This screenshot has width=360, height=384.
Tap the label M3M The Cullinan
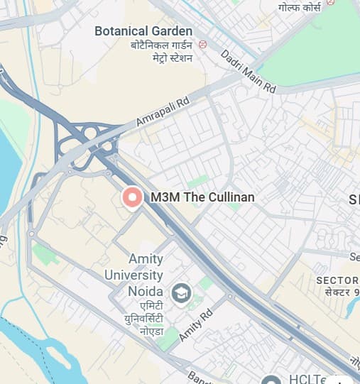(x=202, y=197)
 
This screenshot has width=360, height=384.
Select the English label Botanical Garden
(x=143, y=31)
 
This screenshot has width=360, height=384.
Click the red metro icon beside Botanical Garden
(x=203, y=44)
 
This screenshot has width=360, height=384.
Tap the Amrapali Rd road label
(x=164, y=113)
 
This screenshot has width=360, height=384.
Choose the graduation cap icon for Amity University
(x=181, y=292)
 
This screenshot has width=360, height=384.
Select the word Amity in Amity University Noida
(x=146, y=259)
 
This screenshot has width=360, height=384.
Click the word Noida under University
(x=145, y=291)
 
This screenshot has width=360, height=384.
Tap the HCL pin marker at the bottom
(x=271, y=380)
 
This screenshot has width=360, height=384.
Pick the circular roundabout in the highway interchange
(x=90, y=132)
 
